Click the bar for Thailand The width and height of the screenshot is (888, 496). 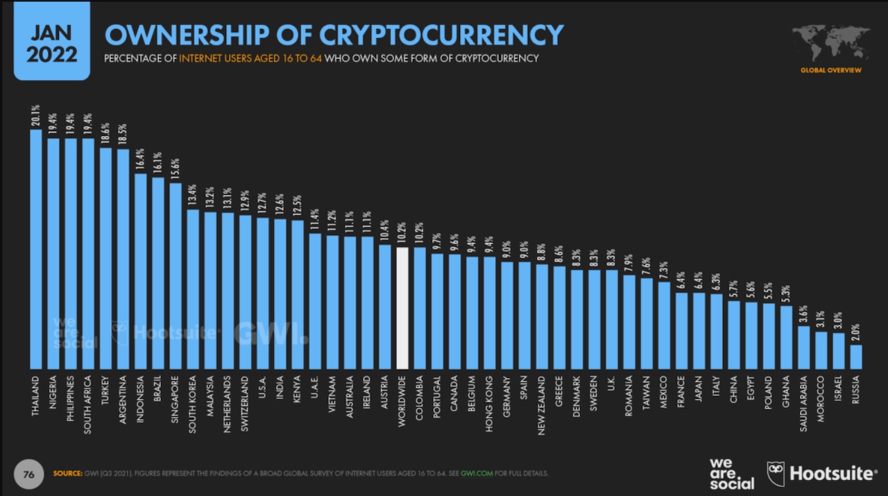[x=36, y=250]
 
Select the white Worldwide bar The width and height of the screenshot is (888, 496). [x=402, y=309]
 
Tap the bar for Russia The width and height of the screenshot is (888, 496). [x=855, y=357]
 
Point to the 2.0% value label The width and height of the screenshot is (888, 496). [x=855, y=332]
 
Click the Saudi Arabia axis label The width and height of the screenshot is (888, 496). [x=803, y=404]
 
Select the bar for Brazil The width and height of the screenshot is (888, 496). [x=158, y=273]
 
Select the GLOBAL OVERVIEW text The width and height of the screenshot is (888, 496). [x=830, y=70]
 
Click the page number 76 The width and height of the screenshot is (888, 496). [x=29, y=474]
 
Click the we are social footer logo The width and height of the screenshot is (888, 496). [x=731, y=473]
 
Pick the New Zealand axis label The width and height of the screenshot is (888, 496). [x=542, y=406]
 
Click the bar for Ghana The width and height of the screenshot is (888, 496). [x=786, y=337]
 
